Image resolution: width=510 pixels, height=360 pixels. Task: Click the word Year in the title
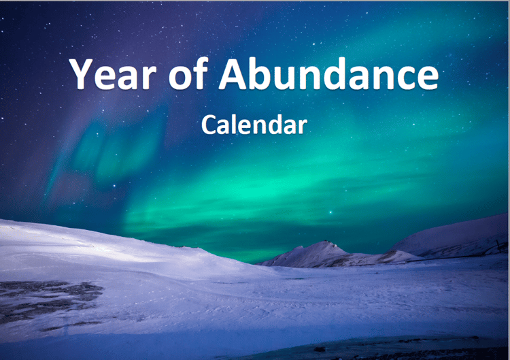[x=112, y=73]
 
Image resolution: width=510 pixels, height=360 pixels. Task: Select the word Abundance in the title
[x=328, y=73]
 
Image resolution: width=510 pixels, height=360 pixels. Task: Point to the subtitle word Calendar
[x=254, y=124]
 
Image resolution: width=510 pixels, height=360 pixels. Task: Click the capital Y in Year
[x=82, y=73]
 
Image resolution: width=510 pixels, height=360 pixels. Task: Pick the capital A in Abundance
[x=233, y=73]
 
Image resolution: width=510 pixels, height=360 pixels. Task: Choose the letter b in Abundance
[x=261, y=73]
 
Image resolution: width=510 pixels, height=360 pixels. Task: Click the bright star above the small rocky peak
[x=330, y=212]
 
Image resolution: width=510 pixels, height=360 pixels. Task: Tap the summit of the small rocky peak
[x=328, y=242]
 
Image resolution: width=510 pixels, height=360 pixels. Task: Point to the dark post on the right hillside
[x=498, y=246]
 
